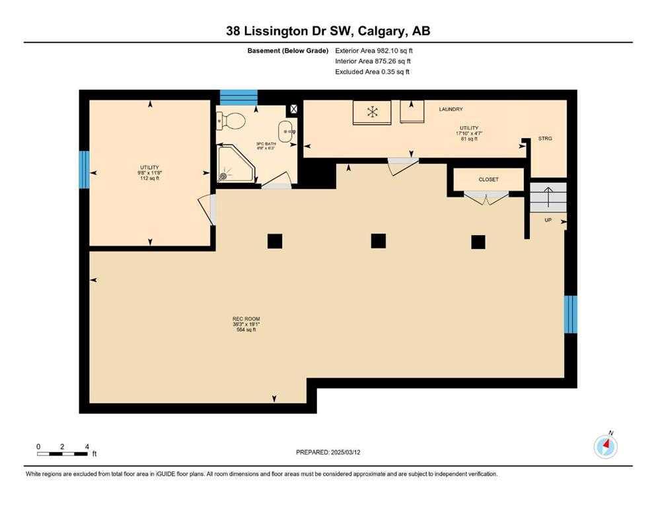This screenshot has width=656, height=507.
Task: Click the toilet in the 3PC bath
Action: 231,121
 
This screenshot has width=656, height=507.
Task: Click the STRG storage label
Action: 545,139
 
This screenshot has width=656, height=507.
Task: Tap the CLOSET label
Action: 489,179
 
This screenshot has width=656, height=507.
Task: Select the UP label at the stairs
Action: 548,220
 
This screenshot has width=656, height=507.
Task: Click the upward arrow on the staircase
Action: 548,197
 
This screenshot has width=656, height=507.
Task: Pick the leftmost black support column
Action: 275,241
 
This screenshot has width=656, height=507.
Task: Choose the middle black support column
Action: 378,241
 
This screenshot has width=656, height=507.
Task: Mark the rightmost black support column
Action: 478,242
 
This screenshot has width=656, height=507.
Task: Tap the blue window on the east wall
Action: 571,314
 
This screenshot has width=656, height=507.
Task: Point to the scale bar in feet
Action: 62,454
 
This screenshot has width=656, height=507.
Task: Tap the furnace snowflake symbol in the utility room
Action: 373,112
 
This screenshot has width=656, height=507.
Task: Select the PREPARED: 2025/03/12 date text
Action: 328,452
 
